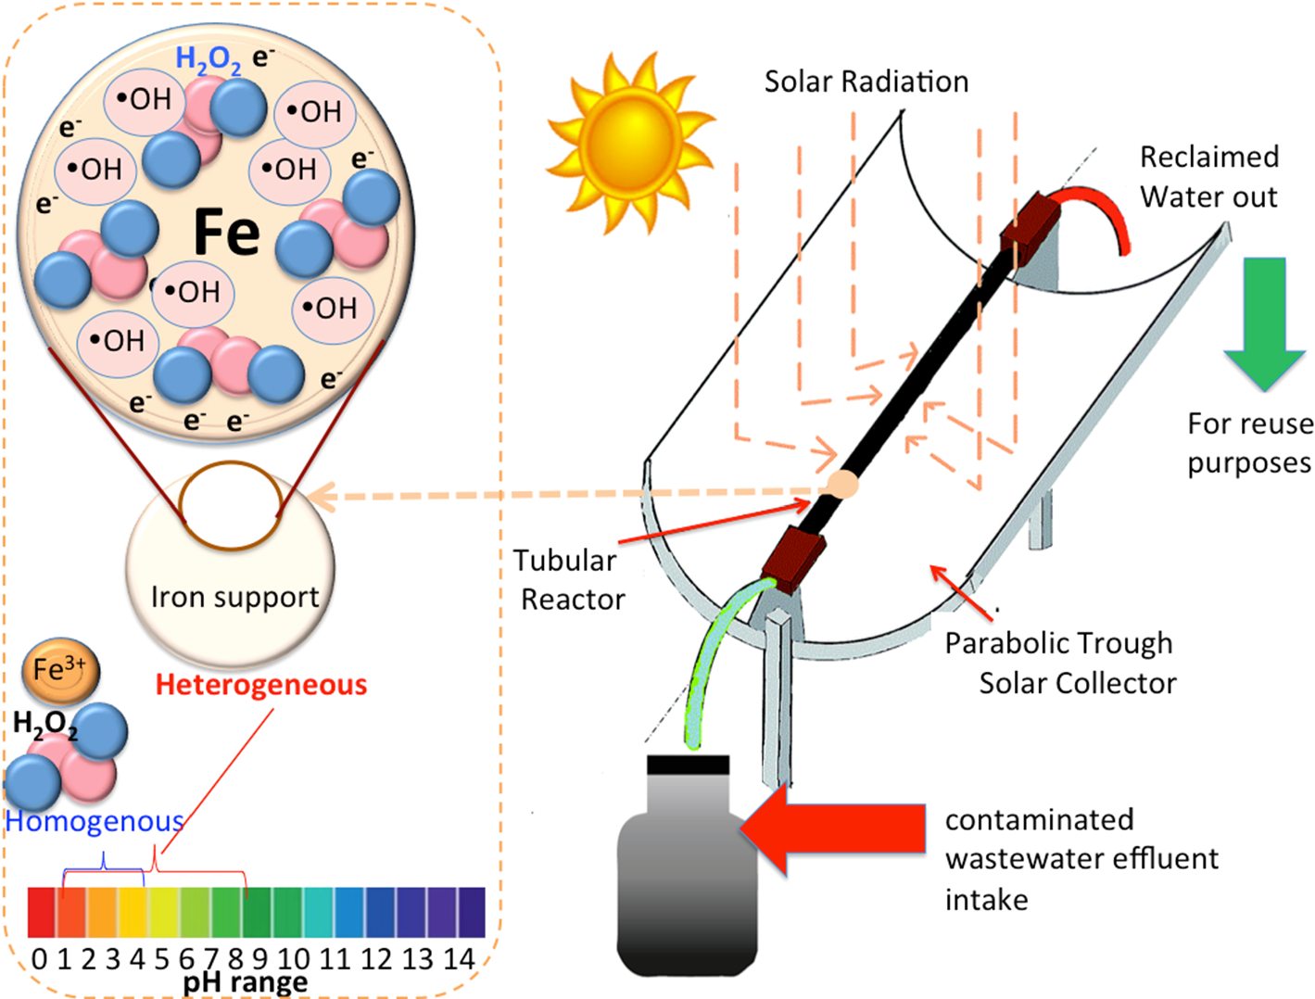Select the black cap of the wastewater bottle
688,765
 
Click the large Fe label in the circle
225,232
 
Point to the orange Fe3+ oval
60,669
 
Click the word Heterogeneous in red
260,685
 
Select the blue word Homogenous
95,821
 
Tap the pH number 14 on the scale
459,959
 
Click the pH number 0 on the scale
39,959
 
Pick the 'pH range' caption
245,982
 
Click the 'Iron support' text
234,598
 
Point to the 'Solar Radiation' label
866,82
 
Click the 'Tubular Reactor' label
569,580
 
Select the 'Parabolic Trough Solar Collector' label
1060,664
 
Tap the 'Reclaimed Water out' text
1208,177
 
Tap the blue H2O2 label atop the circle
209,60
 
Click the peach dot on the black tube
841,484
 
